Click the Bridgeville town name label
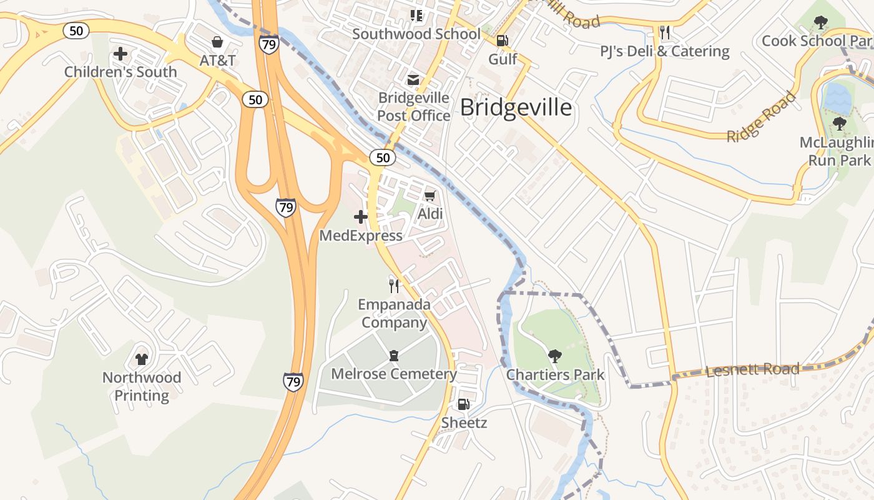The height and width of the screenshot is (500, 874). (516, 107)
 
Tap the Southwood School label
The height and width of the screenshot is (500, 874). (416, 34)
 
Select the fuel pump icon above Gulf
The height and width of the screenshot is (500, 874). (502, 41)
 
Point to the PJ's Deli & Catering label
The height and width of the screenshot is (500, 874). (665, 51)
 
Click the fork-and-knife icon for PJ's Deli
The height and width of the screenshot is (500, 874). (665, 32)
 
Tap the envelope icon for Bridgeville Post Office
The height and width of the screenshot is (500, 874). (413, 80)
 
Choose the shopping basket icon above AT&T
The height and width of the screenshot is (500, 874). (217, 42)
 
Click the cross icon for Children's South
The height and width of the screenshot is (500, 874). (120, 54)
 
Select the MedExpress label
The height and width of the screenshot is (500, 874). (361, 236)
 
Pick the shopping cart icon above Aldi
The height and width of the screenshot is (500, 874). (430, 196)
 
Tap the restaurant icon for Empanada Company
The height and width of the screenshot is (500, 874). (394, 286)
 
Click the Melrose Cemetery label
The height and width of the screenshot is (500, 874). (394, 374)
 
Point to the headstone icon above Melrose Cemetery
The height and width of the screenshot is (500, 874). (394, 356)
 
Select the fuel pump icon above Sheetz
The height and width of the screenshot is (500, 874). (463, 404)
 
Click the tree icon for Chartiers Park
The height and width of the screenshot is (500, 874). (554, 356)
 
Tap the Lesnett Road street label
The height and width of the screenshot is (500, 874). (752, 369)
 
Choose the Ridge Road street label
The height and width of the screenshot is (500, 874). (762, 117)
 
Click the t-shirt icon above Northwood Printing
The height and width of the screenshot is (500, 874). (142, 359)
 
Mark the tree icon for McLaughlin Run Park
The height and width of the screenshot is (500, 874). (839, 124)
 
